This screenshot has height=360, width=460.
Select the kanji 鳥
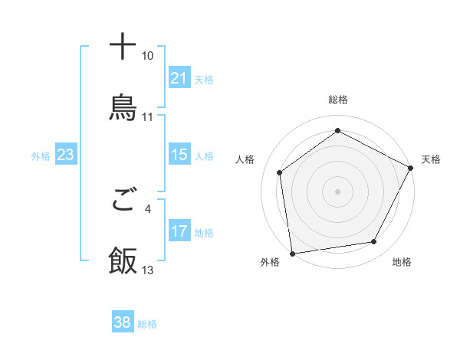pyautogui.click(x=123, y=107)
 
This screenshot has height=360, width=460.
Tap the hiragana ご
pyautogui.click(x=123, y=201)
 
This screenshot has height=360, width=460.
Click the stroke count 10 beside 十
pyautogui.click(x=148, y=56)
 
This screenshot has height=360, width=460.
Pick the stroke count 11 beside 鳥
pyautogui.click(x=148, y=116)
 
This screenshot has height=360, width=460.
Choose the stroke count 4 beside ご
pyautogui.click(x=148, y=208)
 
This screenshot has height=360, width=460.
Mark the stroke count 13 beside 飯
pyautogui.click(x=148, y=270)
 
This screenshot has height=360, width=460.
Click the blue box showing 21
pyautogui.click(x=179, y=78)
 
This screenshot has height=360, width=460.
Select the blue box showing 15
pyautogui.click(x=179, y=155)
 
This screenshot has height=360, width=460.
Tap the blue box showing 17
pyautogui.click(x=179, y=231)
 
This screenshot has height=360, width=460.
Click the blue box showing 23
pyautogui.click(x=65, y=155)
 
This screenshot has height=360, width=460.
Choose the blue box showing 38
pyautogui.click(x=123, y=322)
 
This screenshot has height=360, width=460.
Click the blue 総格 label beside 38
pyautogui.click(x=147, y=324)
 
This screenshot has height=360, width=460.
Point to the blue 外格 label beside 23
pyautogui.click(x=41, y=156)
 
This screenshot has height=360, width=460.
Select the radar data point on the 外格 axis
pyautogui.click(x=292, y=253)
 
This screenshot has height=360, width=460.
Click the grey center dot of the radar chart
pyautogui.click(x=337, y=191)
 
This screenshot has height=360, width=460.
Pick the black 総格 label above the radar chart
pyautogui.click(x=337, y=100)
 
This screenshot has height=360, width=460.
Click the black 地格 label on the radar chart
pyautogui.click(x=402, y=263)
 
